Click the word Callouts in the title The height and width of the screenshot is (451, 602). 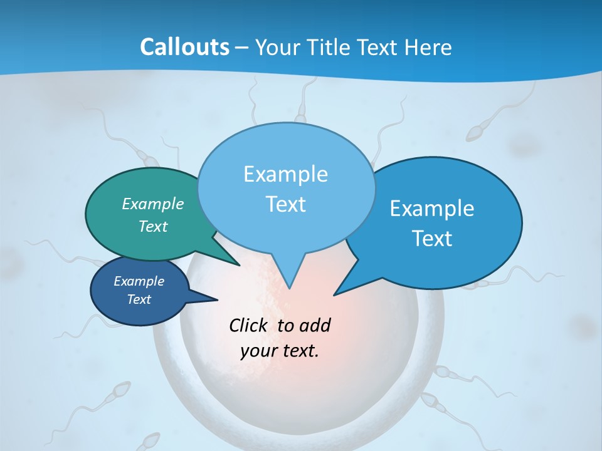tap(184, 47)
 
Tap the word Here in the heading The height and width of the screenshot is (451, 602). tap(429, 47)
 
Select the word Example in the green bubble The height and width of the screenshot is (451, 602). tap(153, 204)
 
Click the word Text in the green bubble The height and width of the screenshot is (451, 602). tap(153, 226)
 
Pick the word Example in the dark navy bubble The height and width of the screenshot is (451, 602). tap(139, 281)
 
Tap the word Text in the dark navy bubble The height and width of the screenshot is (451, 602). tap(139, 299)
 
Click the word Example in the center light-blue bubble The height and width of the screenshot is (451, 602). tap(285, 174)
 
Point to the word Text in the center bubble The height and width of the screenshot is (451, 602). tap(285, 204)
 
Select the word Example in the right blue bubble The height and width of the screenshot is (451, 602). tap(432, 209)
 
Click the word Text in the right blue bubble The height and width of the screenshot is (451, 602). tap(432, 239)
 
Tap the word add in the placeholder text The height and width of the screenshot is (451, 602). tap(315, 325)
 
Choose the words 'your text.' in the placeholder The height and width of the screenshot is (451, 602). tap(280, 351)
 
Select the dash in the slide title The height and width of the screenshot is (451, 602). tap(241, 48)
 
